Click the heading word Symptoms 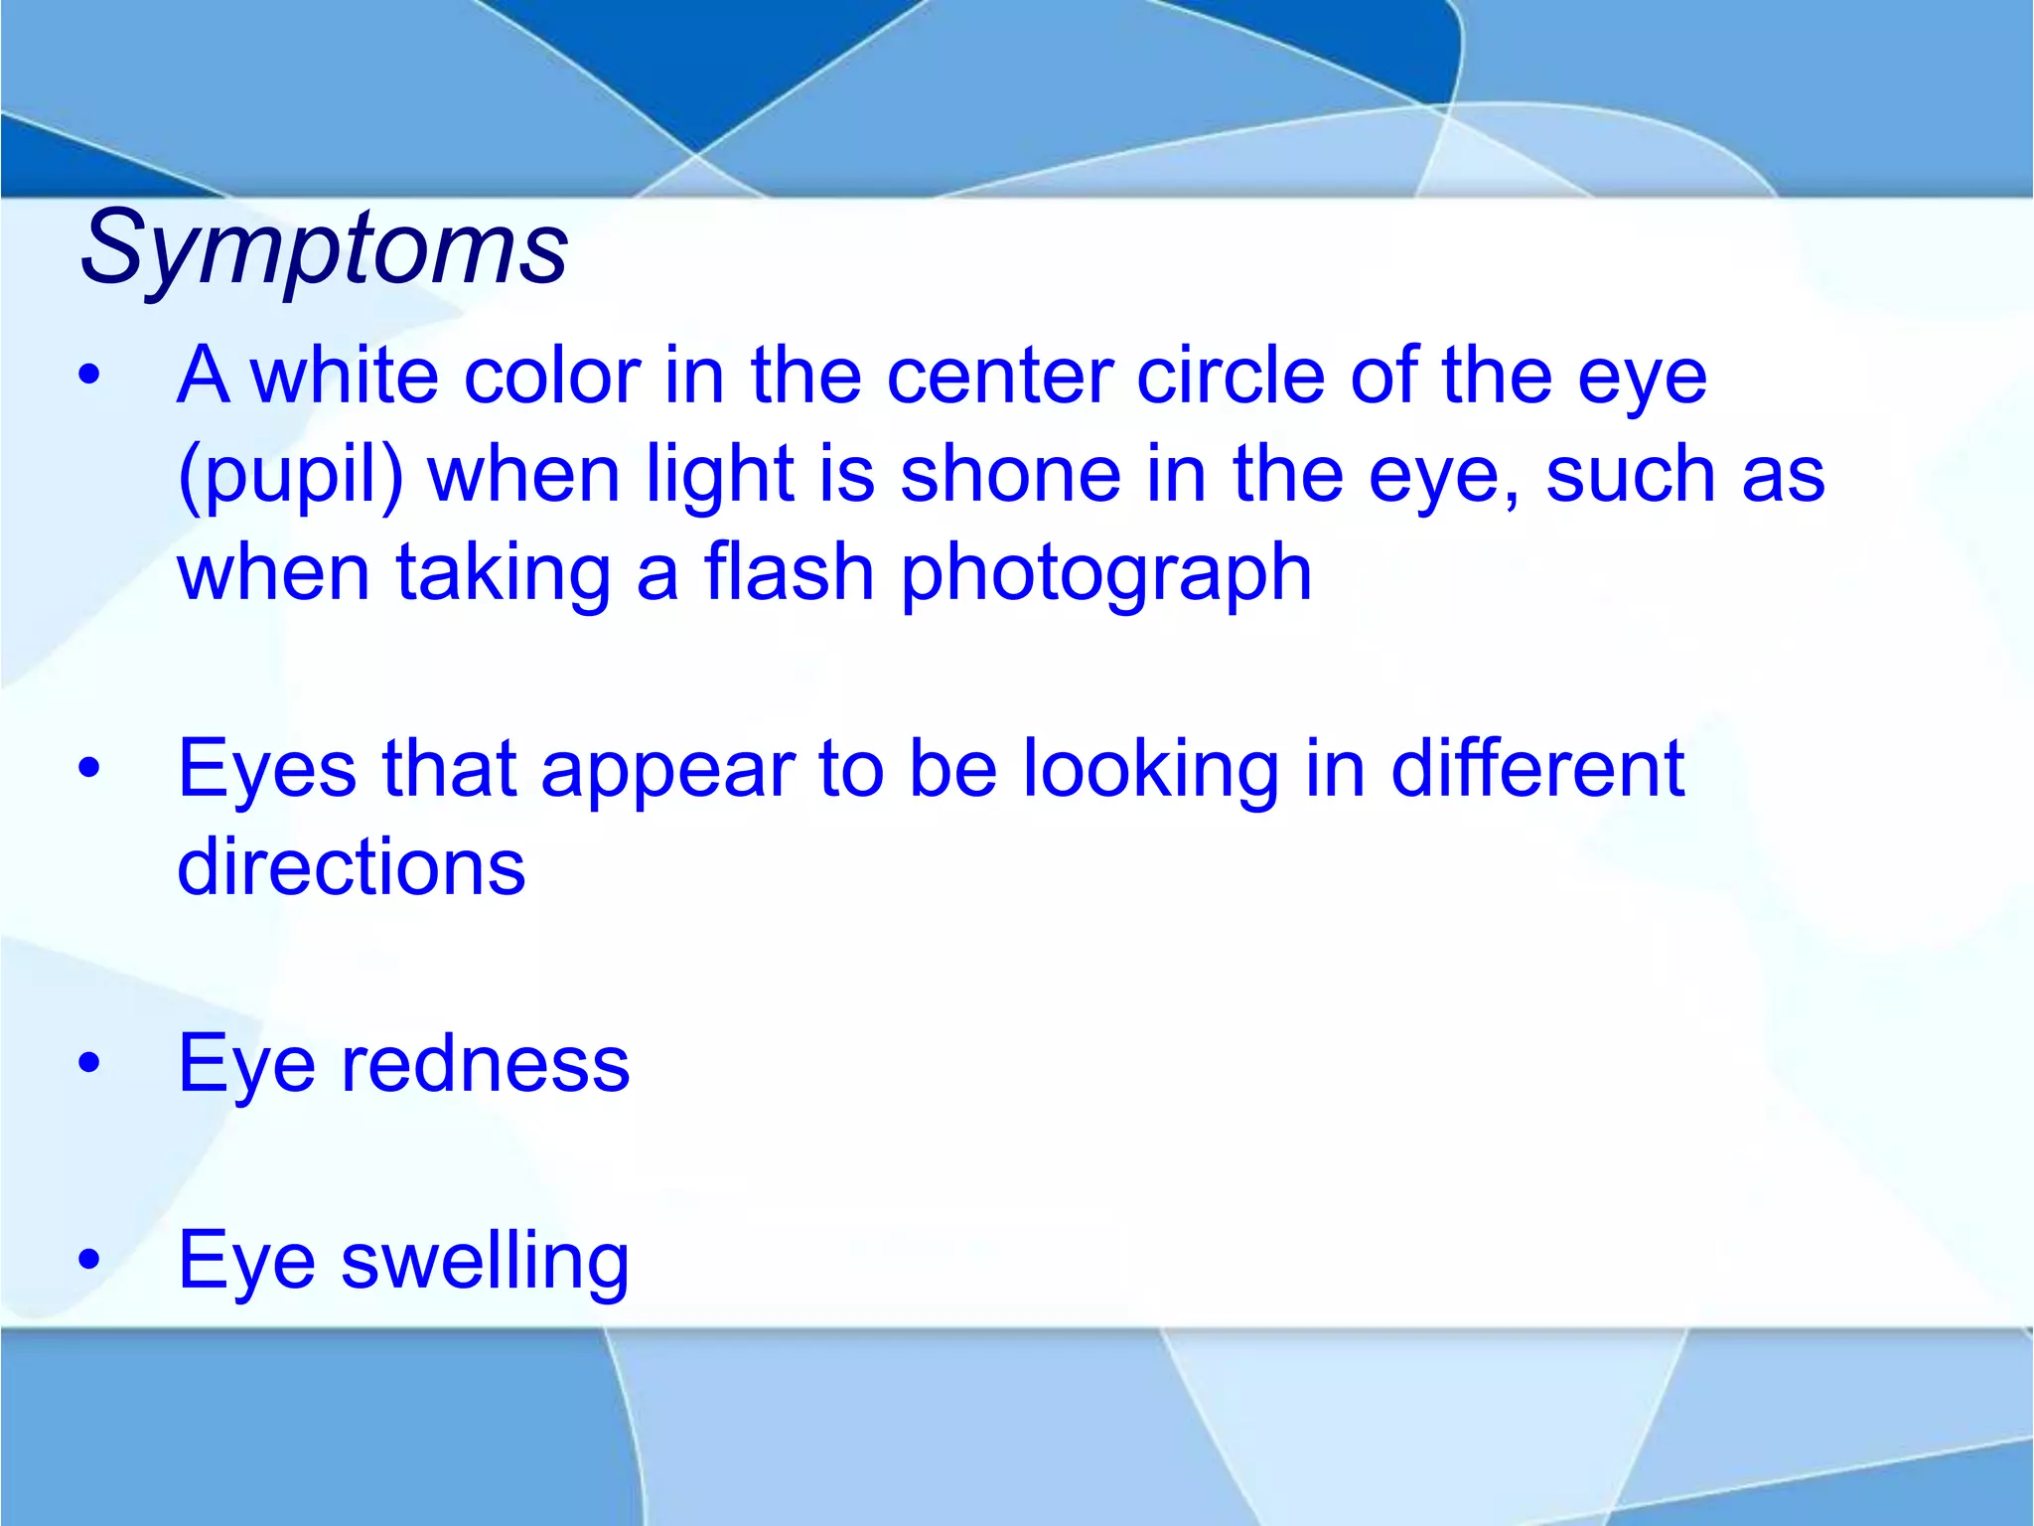(x=324, y=248)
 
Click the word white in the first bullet (x=344, y=377)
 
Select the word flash (x=789, y=573)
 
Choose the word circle (x=1231, y=377)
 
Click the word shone (x=1011, y=475)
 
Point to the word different (x=1537, y=769)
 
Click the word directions (x=351, y=867)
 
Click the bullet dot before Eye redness (x=89, y=1064)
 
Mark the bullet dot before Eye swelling (x=89, y=1261)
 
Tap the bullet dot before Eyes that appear (x=89, y=768)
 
